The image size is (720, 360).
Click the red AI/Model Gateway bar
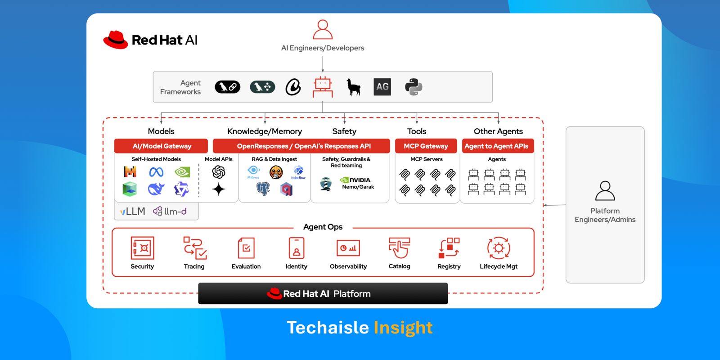[161, 146]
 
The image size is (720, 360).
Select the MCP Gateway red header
[426, 146]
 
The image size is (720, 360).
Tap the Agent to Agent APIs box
[496, 146]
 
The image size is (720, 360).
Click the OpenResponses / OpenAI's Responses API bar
[304, 146]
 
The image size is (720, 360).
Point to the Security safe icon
[142, 248]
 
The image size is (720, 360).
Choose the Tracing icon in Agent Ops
[194, 248]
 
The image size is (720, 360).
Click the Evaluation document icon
[246, 248]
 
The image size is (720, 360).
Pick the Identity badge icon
[296, 248]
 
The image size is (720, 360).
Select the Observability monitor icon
[348, 248]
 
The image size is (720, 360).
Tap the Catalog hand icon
[399, 248]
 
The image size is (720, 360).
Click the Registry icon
[449, 248]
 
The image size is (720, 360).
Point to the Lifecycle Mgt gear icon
[499, 248]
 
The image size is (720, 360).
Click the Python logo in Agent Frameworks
[414, 87]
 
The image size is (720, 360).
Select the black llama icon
[354, 87]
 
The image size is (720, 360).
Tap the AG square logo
[382, 87]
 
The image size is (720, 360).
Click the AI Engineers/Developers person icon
[323, 30]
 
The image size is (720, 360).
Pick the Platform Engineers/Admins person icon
[605, 191]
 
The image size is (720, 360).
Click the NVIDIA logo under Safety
[356, 180]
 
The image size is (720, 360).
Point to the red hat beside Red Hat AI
[116, 40]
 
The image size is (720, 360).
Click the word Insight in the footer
[403, 328]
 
